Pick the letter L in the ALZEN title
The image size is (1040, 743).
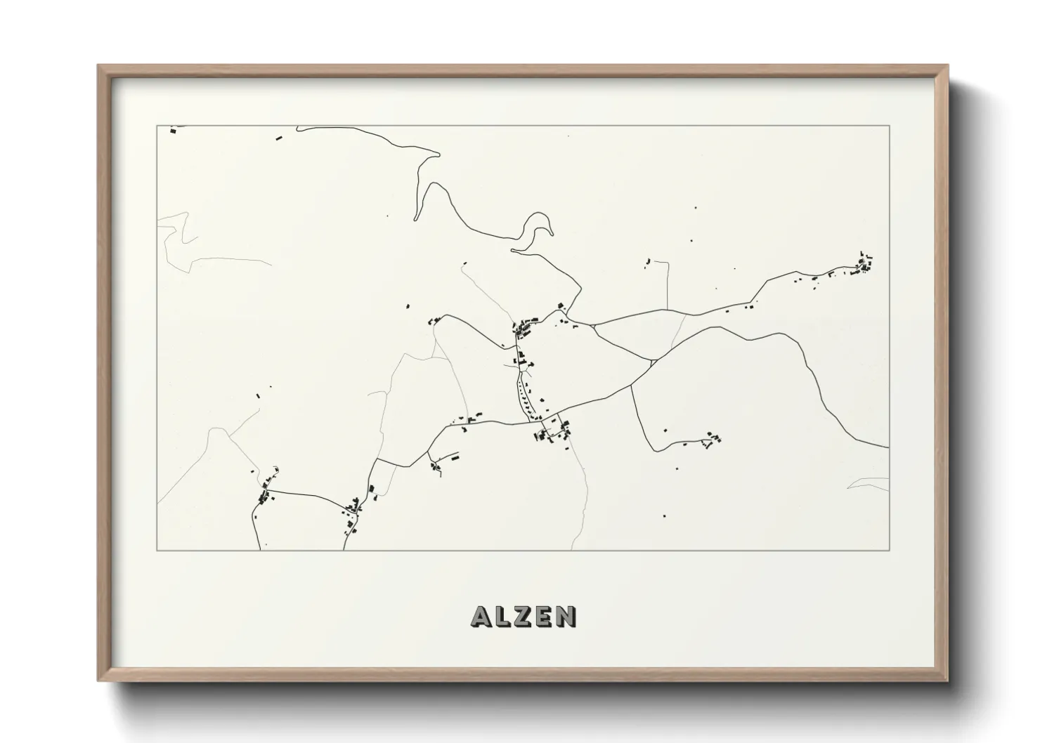click(x=500, y=617)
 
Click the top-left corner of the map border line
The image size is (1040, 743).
click(x=157, y=126)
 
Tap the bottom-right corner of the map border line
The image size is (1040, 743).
click(x=889, y=550)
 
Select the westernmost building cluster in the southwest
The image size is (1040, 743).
click(x=265, y=496)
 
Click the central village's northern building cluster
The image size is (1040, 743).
click(x=524, y=327)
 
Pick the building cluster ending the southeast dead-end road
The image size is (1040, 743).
click(x=714, y=439)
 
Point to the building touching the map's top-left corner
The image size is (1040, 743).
click(x=171, y=129)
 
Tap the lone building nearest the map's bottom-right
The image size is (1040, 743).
click(x=664, y=516)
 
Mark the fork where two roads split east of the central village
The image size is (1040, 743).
click(x=594, y=326)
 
